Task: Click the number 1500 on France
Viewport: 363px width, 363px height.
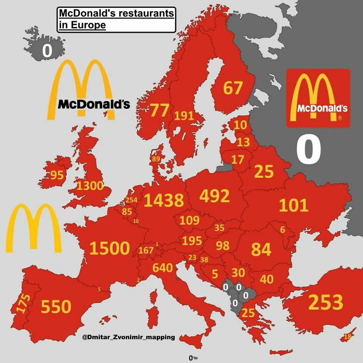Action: click(x=109, y=248)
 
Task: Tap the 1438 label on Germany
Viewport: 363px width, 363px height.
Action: click(x=164, y=200)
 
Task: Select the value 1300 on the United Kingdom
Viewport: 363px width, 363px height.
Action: click(x=90, y=186)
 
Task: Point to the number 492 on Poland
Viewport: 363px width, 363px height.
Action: click(x=214, y=197)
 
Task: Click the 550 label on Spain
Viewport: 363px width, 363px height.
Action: click(x=56, y=307)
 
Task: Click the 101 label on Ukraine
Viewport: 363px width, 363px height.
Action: click(x=294, y=205)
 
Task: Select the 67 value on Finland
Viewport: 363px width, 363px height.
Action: click(x=233, y=88)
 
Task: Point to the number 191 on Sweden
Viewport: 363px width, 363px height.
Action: click(x=184, y=116)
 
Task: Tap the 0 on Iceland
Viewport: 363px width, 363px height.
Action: click(x=47, y=50)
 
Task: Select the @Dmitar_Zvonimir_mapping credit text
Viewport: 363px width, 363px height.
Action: click(x=128, y=338)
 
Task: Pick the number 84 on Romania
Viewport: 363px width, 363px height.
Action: click(x=261, y=249)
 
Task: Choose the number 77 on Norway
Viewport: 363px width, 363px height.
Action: click(x=160, y=110)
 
